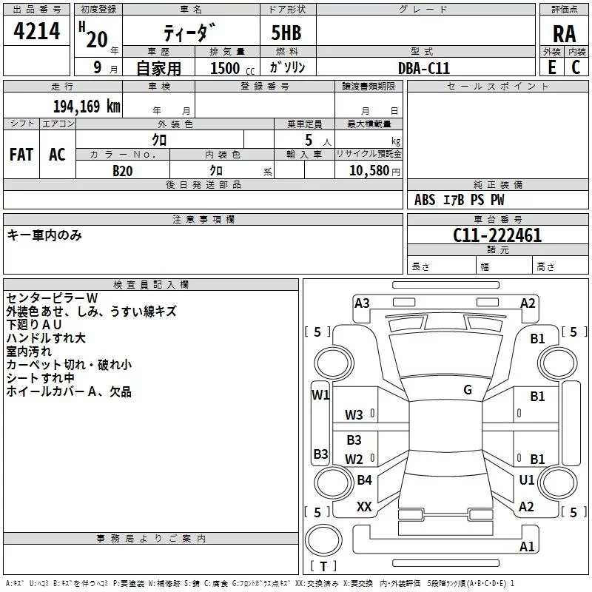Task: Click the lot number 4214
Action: point(36,31)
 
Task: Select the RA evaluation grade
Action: point(564,34)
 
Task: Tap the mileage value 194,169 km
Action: point(87,107)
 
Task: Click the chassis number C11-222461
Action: point(497,235)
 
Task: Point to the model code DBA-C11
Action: point(424,68)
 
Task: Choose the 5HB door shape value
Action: point(286,33)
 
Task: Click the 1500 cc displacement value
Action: point(232,68)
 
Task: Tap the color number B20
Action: point(123,171)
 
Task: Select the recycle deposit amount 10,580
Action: point(369,171)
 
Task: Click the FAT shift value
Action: point(21,155)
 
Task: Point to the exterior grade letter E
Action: point(552,67)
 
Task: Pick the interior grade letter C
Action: point(576,67)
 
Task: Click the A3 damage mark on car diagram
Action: point(362,303)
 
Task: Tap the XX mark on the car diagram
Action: point(364,507)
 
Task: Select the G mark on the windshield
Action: point(468,390)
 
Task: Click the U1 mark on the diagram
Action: point(527,480)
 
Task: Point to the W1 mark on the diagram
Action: point(320,395)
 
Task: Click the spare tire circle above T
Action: point(323,540)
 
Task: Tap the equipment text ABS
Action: point(425,200)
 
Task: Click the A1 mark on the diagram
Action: point(527,546)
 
